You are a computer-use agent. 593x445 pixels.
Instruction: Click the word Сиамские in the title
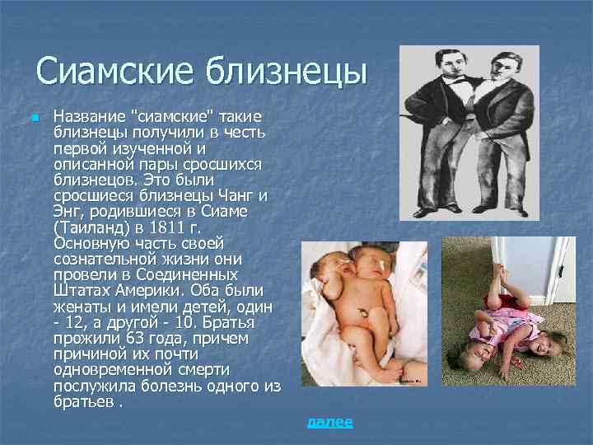pos(114,71)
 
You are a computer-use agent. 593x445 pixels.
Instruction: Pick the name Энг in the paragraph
pos(68,212)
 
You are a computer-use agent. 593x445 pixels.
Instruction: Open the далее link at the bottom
pos(329,422)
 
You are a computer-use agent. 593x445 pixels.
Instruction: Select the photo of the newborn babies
pos(365,313)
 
